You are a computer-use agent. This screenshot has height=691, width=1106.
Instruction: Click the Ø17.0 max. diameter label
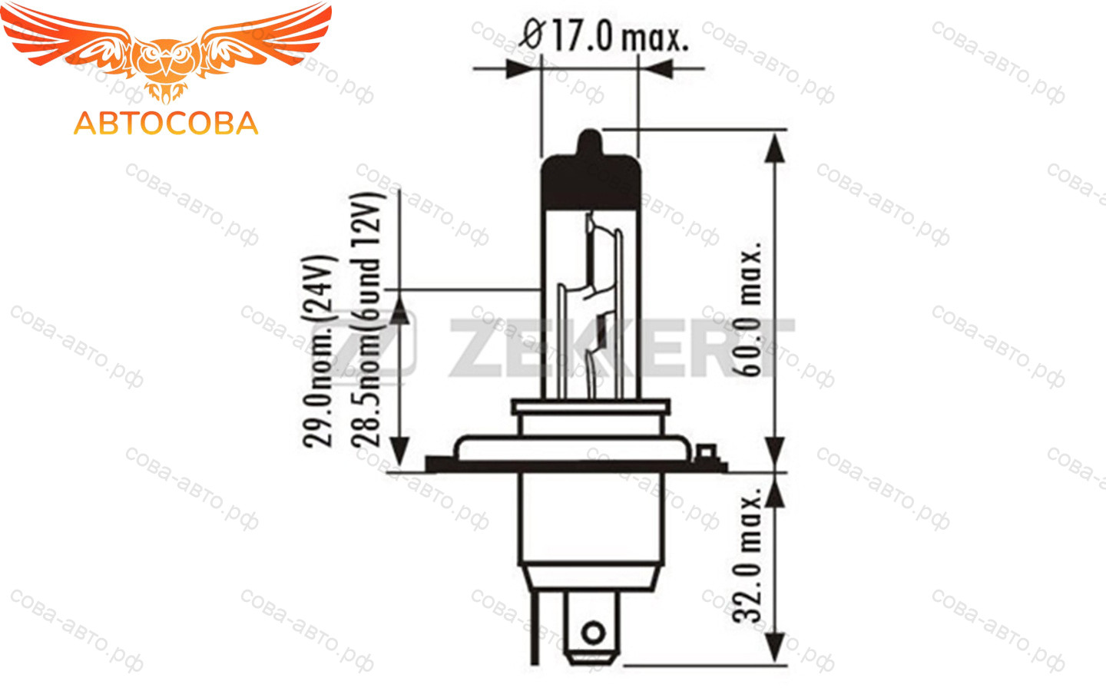click(x=604, y=35)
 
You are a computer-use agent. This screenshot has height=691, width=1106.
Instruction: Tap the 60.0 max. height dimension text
click(x=750, y=309)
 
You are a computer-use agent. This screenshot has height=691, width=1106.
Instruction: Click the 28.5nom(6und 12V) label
click(x=366, y=320)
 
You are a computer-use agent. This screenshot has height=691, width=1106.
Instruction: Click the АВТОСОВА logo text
click(x=166, y=124)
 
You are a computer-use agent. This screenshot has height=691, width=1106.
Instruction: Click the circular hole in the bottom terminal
click(x=594, y=633)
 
